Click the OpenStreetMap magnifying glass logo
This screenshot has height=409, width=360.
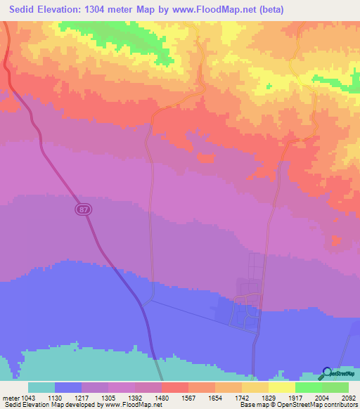tap(327, 373)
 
